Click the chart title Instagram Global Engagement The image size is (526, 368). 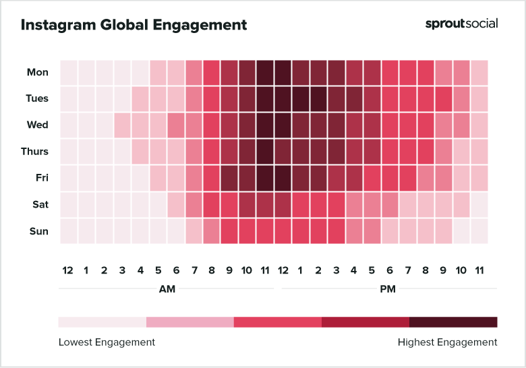134,26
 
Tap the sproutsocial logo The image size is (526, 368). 461,24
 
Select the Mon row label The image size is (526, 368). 38,72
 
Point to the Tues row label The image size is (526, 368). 37,98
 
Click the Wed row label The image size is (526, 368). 38,125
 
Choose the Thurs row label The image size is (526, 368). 36,152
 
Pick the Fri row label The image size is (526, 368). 41,178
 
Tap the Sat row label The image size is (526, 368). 40,204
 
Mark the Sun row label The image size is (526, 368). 39,231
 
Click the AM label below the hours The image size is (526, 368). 166,289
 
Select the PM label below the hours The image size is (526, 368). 388,289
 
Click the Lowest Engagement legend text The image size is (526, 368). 107,342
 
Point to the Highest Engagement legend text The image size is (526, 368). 447,342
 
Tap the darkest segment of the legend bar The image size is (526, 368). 453,321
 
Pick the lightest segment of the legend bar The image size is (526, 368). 103,321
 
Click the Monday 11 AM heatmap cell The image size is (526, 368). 265,72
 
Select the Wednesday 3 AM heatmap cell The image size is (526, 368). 122,125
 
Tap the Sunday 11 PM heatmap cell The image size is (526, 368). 479,231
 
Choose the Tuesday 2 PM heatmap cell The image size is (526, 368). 318,98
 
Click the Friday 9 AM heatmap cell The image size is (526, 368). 229,178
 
